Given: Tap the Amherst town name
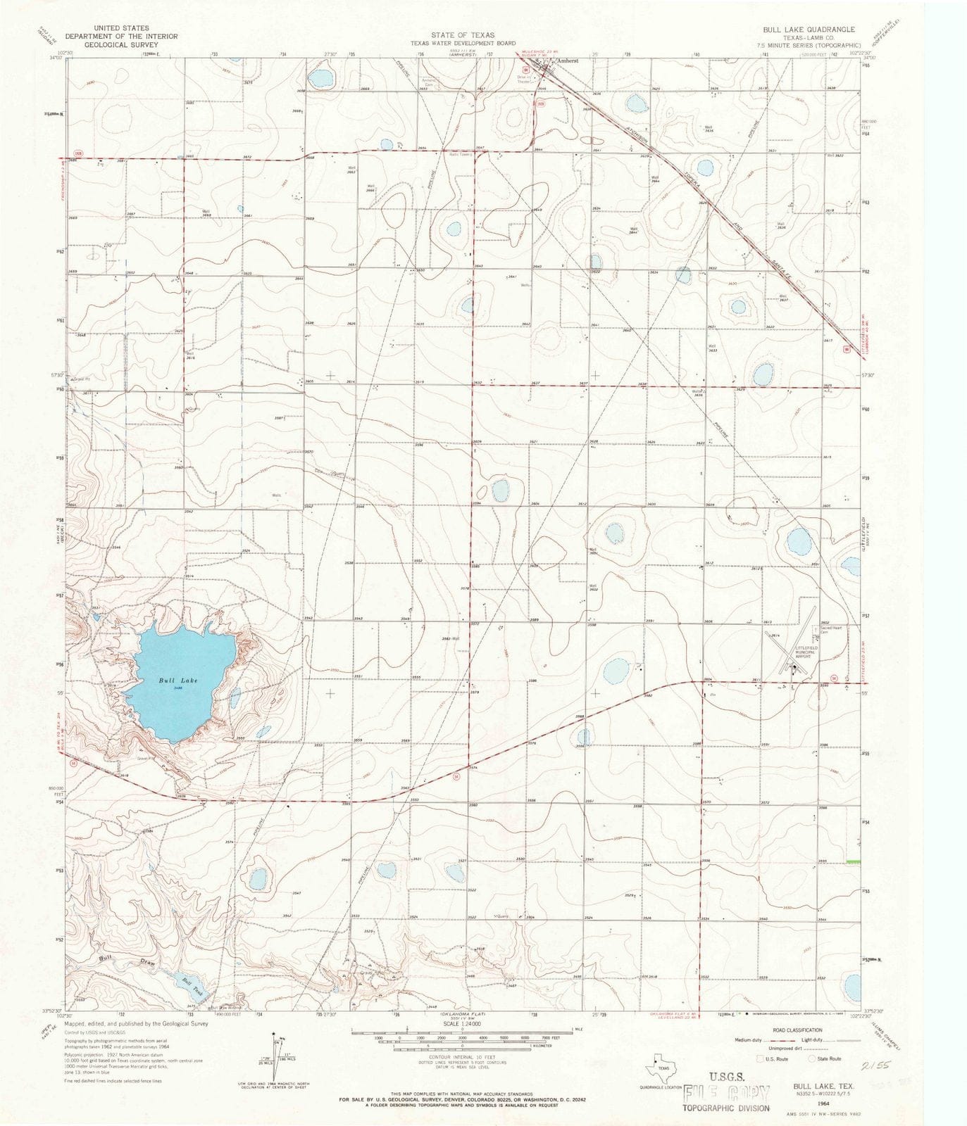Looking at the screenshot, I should pos(567,61).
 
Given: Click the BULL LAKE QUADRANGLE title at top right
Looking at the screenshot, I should pos(809,30).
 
